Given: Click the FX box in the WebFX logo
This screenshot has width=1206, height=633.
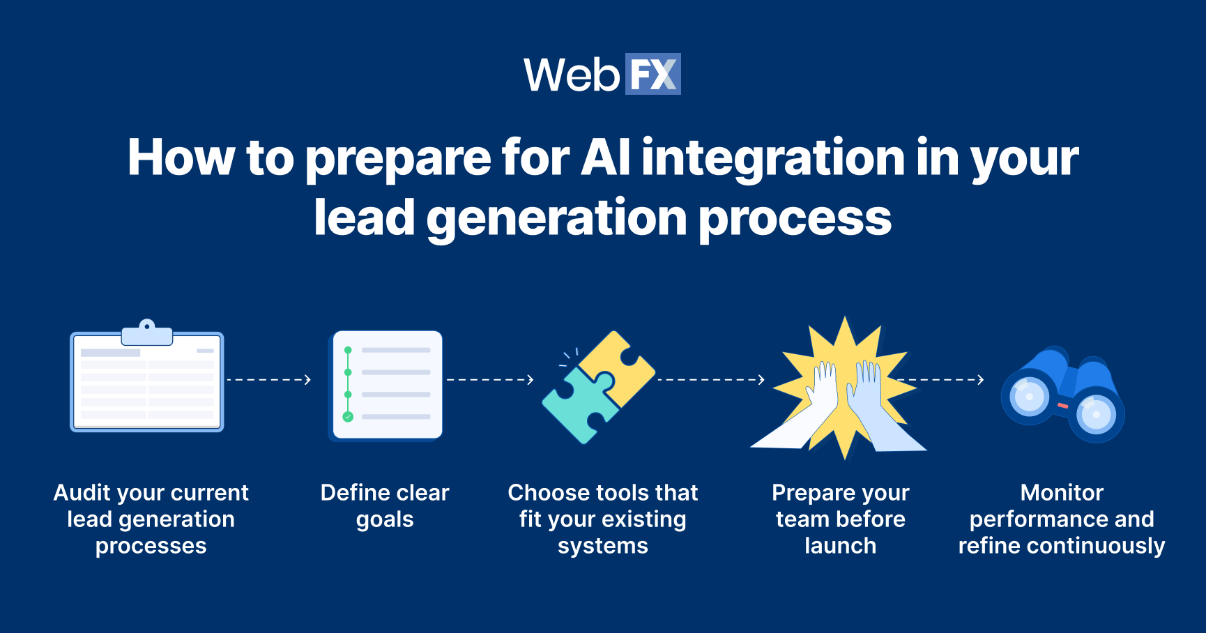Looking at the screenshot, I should (652, 74).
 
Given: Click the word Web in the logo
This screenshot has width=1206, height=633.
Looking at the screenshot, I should (572, 75).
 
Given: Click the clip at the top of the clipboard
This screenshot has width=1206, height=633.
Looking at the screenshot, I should (147, 334).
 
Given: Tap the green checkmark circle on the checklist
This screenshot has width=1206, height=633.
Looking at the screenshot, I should (348, 417).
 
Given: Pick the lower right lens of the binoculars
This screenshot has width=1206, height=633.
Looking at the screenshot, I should (1096, 415).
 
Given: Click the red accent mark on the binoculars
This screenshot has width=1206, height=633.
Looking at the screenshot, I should (1063, 405).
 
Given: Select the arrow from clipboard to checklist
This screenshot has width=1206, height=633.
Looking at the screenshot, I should (268, 380).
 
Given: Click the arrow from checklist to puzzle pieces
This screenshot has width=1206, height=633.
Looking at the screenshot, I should (490, 380).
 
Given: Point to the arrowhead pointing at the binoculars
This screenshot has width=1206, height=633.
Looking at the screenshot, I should (980, 380).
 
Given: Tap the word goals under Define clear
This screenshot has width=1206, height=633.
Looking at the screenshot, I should (385, 520).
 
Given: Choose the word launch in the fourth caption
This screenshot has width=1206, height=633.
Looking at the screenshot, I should (840, 546).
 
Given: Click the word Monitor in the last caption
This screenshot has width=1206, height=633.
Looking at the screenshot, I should (1062, 493).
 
